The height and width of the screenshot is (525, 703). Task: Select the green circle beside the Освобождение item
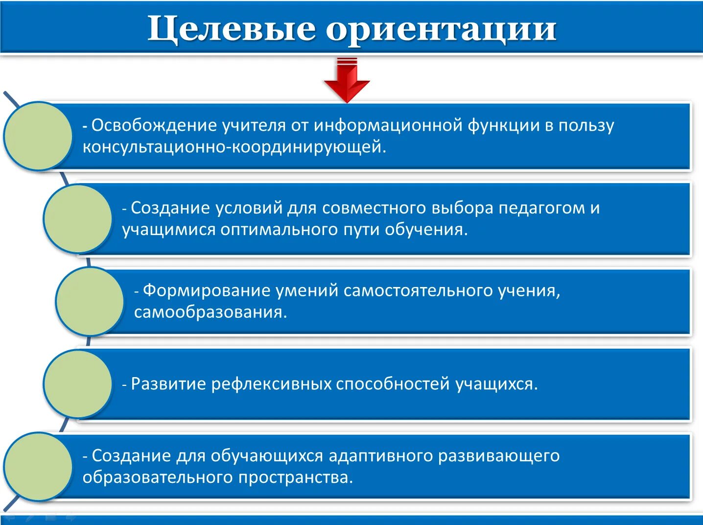(x=38, y=136)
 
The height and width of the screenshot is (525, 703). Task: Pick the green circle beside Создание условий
(x=77, y=219)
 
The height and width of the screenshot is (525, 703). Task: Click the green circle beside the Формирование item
(x=90, y=301)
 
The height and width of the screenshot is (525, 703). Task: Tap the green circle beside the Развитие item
(x=77, y=384)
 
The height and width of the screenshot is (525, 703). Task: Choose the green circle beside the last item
(x=38, y=466)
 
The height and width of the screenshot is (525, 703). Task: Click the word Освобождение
(x=154, y=125)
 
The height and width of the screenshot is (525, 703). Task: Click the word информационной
(x=388, y=125)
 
